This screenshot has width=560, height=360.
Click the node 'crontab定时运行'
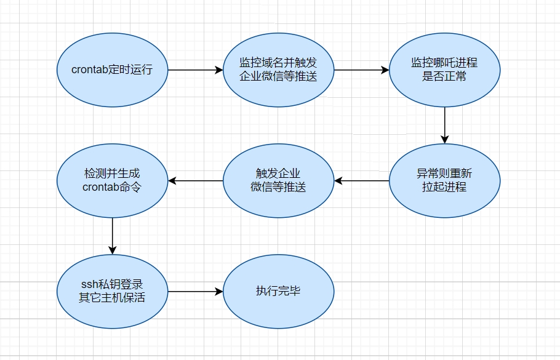coord(112,70)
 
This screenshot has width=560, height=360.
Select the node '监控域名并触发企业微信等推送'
coord(278,70)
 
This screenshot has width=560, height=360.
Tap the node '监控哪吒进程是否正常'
coord(444,70)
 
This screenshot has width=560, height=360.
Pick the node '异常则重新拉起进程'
coord(444,180)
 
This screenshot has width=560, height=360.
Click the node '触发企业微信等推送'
coord(278,180)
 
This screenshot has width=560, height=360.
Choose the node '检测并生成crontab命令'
coord(112,180)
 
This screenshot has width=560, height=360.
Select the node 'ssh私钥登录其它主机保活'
coord(112,291)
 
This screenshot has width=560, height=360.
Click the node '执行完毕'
coord(278,291)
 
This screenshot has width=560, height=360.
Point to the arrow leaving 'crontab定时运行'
coord(195,70)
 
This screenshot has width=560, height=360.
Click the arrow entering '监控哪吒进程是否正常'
coord(361,70)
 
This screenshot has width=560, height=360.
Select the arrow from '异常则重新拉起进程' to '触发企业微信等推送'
coord(361,180)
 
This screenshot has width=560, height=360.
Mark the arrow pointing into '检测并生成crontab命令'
coord(195,180)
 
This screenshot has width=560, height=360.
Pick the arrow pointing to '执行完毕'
coord(195,291)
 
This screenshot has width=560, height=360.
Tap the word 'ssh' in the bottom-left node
coord(90,285)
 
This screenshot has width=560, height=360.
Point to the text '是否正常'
coord(444,76)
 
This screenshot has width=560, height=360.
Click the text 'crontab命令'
coord(112,187)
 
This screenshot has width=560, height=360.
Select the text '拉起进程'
coord(444,187)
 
